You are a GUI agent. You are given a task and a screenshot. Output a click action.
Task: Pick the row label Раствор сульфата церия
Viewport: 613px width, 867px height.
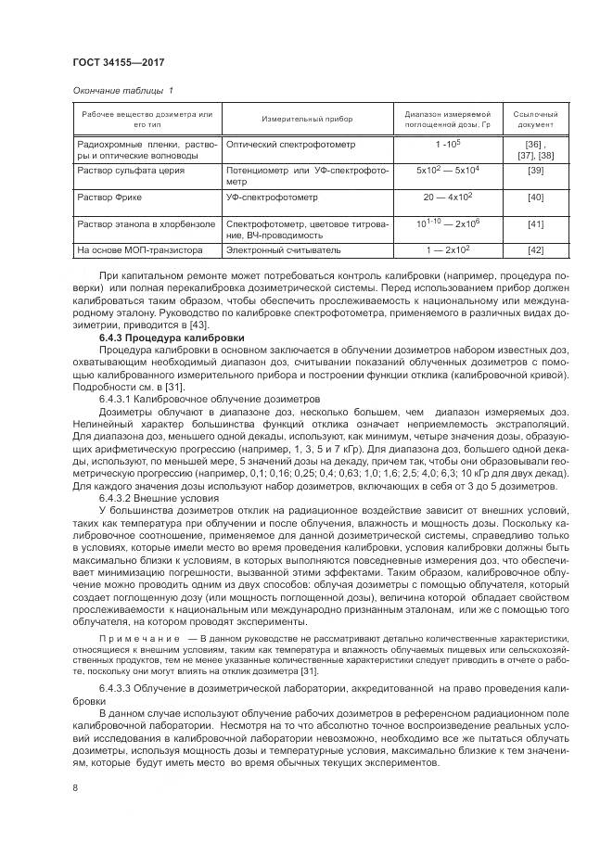pos(131,172)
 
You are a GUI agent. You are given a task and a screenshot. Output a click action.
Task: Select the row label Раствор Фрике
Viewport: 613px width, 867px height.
pos(110,198)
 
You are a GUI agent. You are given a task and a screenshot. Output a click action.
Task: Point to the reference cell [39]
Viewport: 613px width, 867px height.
pos(535,172)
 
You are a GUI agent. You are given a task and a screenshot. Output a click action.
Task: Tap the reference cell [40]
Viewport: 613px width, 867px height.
pos(535,198)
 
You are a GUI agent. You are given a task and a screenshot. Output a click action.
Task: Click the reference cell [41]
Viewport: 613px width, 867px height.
pos(535,224)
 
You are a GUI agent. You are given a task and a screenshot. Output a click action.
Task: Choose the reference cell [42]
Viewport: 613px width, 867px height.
pos(535,249)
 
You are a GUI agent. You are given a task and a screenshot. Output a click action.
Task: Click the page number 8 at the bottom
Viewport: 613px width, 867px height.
pos(74,786)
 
